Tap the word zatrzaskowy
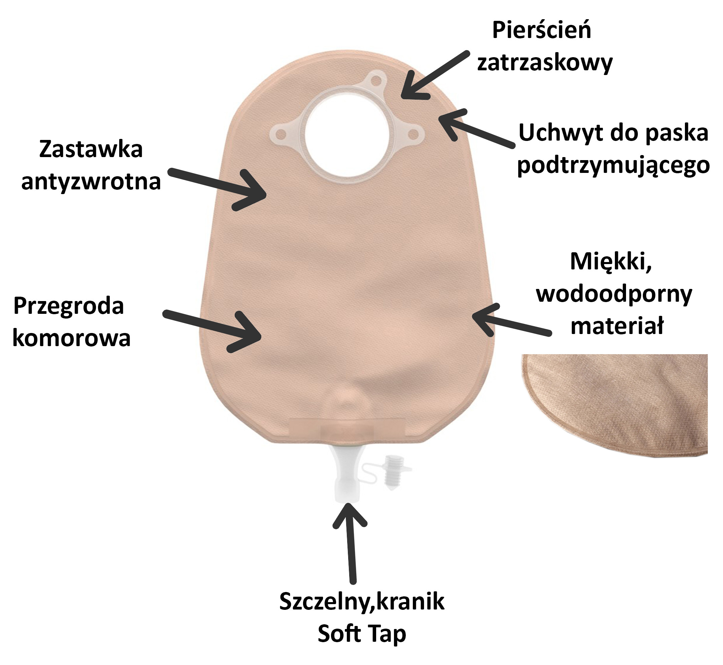(x=545, y=63)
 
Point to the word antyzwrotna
(x=91, y=182)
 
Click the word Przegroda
(x=68, y=306)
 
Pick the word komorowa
(x=71, y=338)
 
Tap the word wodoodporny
(x=614, y=295)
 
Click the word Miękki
(x=611, y=262)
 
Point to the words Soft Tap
(x=362, y=634)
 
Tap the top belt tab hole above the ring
(x=376, y=78)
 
